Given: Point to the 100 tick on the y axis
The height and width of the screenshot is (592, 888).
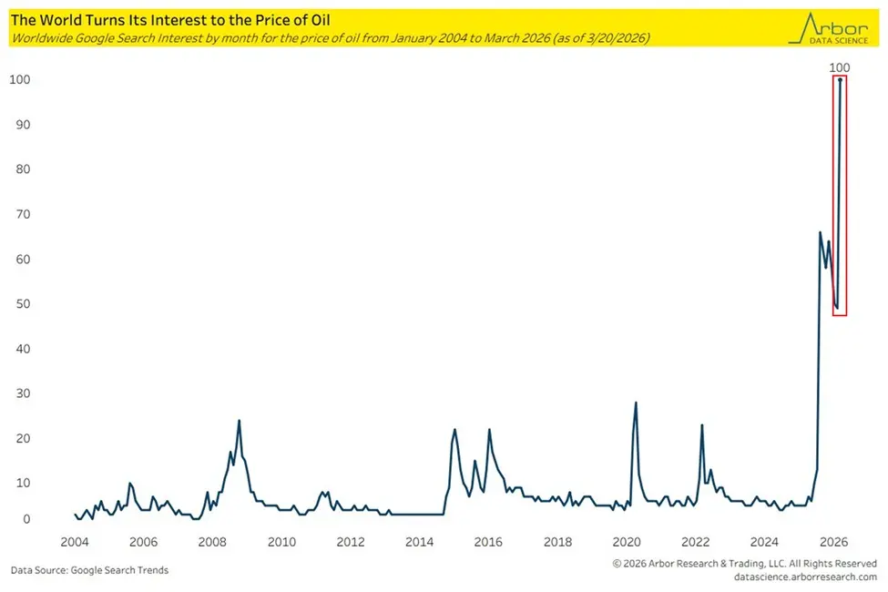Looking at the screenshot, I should tap(20, 80).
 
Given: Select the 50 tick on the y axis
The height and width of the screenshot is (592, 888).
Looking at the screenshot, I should tap(20, 304).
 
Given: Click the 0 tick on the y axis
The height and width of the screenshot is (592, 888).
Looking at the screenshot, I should tap(26, 520).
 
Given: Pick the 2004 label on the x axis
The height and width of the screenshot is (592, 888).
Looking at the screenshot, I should tap(74, 542).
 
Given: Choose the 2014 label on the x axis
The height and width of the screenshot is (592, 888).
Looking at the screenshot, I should tap(420, 542).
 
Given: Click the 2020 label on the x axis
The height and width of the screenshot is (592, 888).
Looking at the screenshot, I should tap(628, 542).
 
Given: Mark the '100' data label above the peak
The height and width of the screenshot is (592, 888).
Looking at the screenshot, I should tap(840, 67).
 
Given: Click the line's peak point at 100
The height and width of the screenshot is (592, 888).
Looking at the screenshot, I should tap(840, 80).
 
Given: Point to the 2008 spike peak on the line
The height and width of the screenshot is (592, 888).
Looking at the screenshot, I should tap(239, 421).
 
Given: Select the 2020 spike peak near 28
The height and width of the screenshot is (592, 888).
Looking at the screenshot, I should tap(636, 403).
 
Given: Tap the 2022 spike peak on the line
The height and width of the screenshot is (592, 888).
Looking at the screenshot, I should tap(702, 424).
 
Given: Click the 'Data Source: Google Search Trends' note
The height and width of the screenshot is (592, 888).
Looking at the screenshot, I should tap(89, 570).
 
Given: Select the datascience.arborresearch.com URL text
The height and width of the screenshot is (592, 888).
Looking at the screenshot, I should tap(804, 577).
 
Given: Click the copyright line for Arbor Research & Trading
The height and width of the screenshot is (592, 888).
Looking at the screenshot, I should tap(744, 564).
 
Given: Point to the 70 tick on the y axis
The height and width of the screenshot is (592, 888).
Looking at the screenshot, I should tap(20, 215).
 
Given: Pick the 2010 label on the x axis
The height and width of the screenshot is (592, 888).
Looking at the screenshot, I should tap(281, 542).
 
